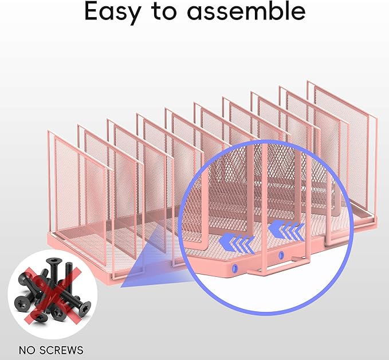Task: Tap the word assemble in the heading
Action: click(x=246, y=11)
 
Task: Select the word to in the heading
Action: click(x=164, y=12)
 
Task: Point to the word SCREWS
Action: click(x=61, y=350)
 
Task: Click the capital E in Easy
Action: click(x=91, y=11)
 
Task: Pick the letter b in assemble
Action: click(x=272, y=11)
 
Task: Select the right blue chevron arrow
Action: click(x=286, y=229)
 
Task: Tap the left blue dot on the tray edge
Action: click(x=234, y=268)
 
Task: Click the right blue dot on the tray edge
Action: click(x=281, y=255)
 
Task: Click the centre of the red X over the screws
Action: click(x=53, y=295)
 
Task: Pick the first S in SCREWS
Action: click(x=42, y=350)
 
